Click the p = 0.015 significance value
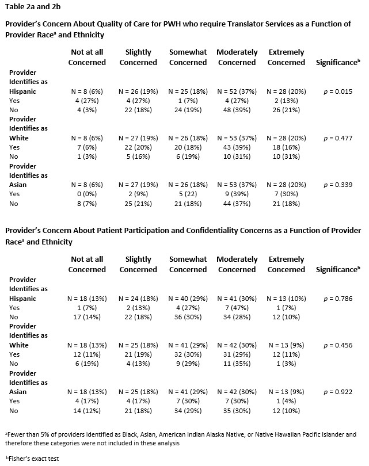(x=338, y=91)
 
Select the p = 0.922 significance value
(x=338, y=392)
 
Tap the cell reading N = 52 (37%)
(x=237, y=91)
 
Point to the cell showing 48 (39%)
(x=237, y=110)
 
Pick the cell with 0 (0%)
(x=87, y=194)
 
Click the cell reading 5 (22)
(x=188, y=194)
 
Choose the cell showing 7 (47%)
(x=237, y=308)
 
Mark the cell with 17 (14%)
(x=87, y=317)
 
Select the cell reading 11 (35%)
(x=237, y=364)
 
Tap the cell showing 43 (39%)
(x=237, y=147)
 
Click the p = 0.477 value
(x=338, y=138)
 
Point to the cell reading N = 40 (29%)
(x=188, y=299)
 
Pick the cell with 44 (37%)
(x=237, y=204)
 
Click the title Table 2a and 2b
(x=33, y=6)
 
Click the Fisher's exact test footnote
(x=32, y=459)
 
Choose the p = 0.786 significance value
(x=338, y=299)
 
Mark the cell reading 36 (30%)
(x=188, y=317)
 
